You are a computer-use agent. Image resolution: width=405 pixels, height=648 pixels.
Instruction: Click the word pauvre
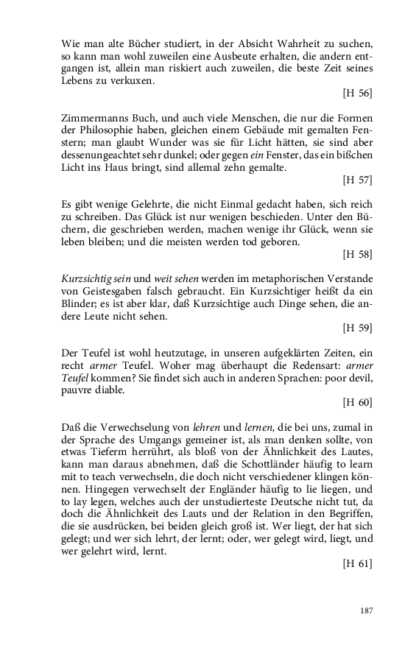(79, 390)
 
